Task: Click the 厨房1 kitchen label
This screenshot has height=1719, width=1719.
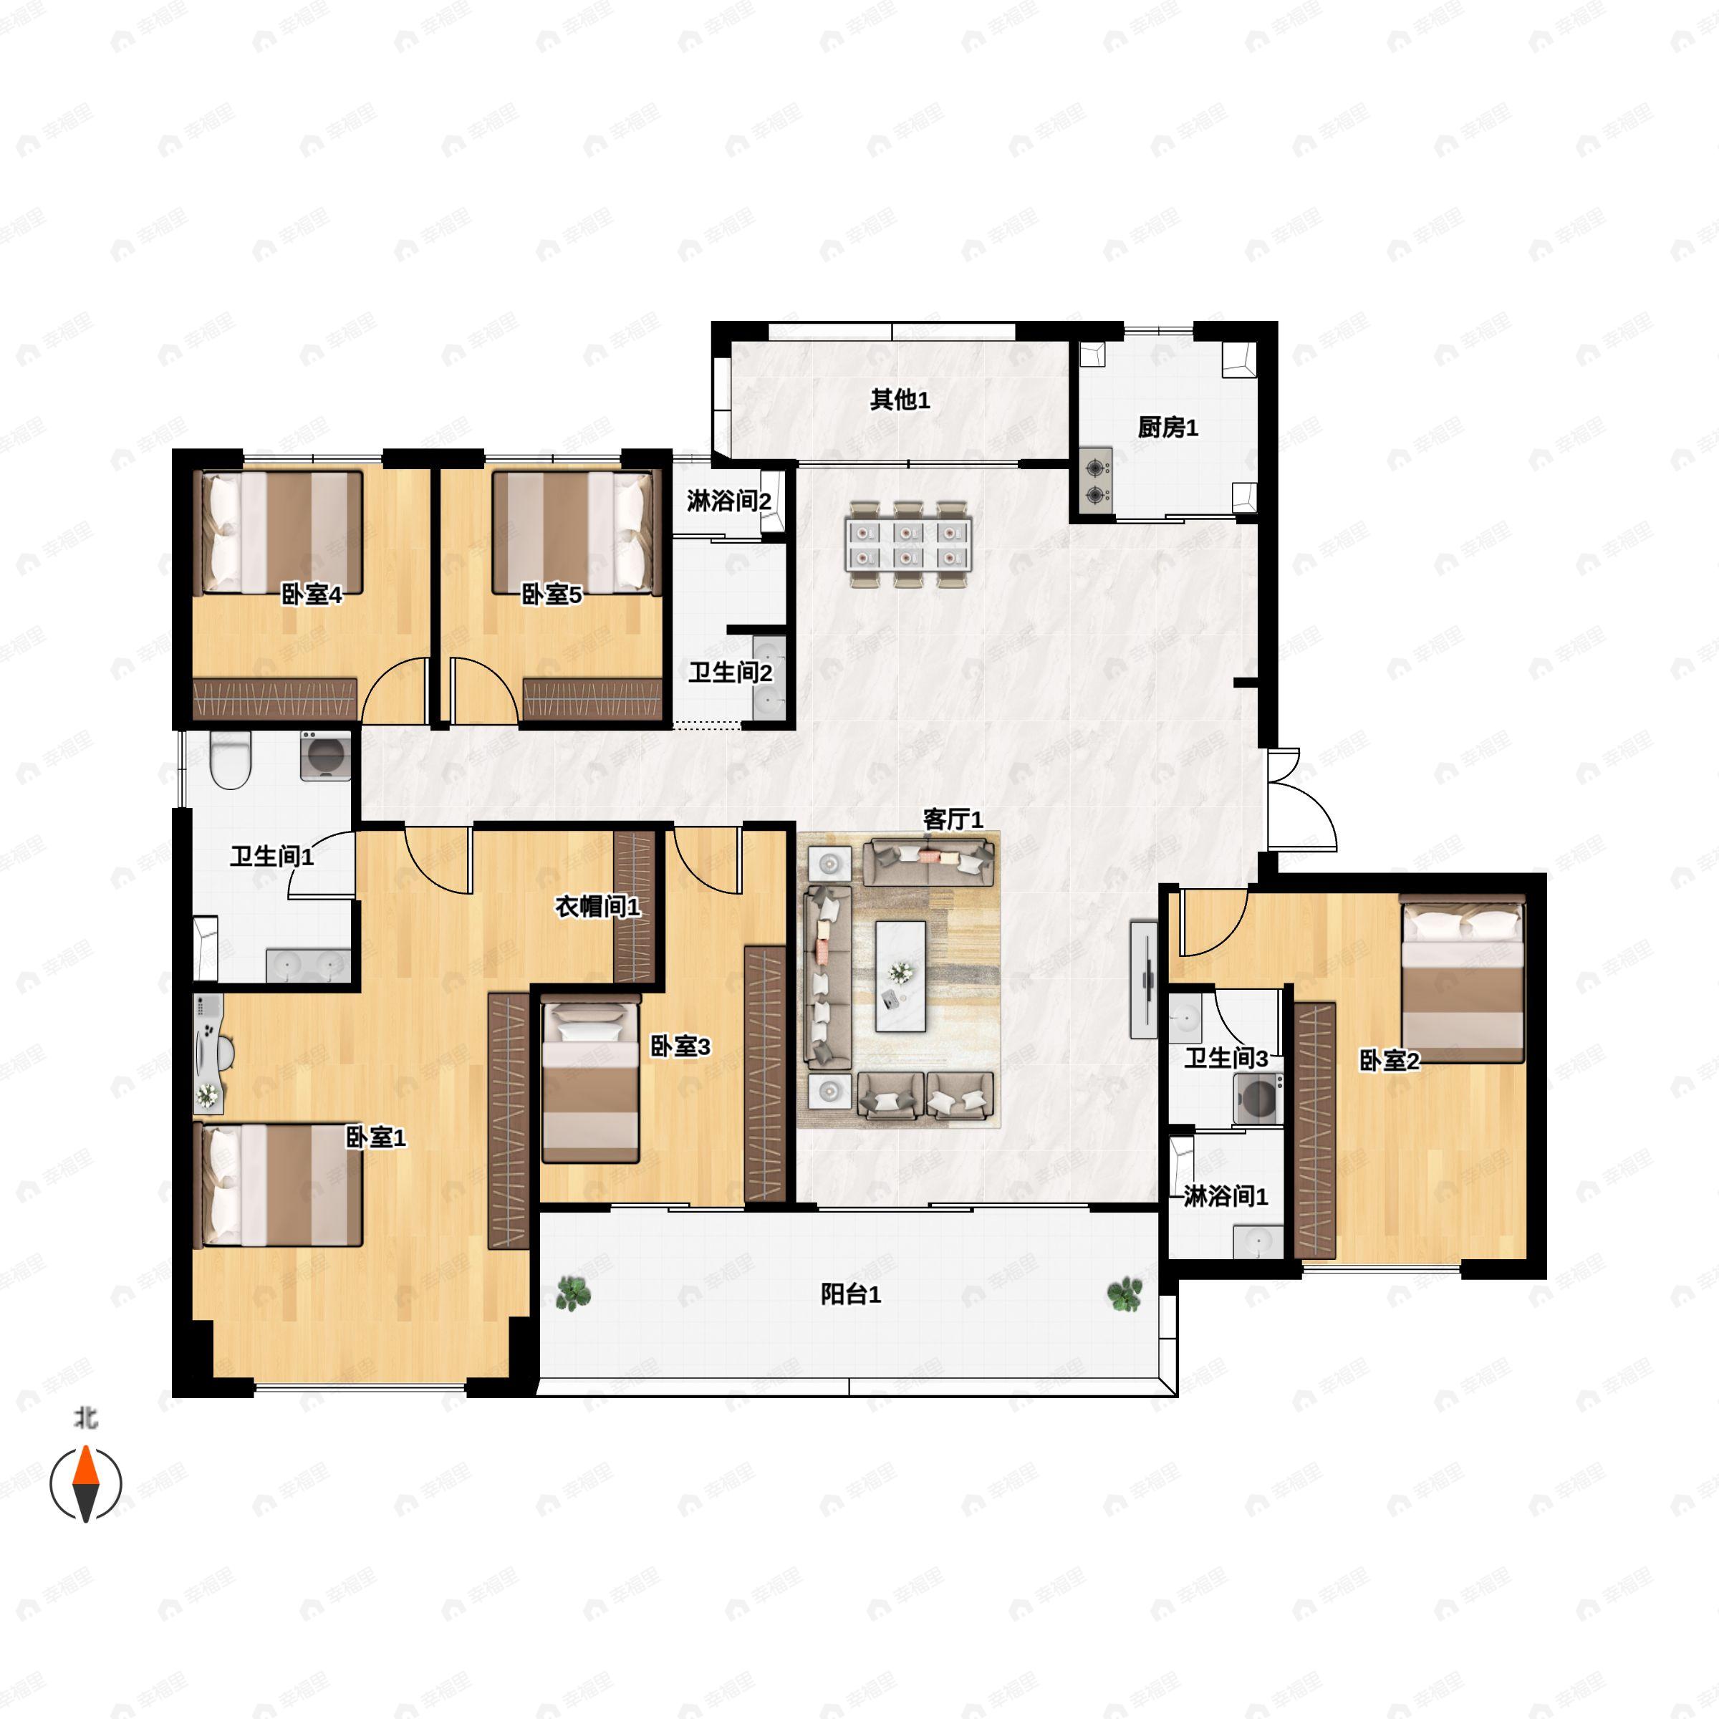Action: coord(1167,428)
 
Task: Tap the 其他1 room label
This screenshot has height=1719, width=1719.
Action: coord(900,400)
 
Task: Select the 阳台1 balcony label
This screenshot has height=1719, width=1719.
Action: coord(851,1294)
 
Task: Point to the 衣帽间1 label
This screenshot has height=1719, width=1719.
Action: coord(597,907)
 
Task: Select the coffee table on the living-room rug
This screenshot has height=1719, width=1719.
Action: coord(900,976)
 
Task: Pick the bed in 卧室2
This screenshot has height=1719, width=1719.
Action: coord(1462,978)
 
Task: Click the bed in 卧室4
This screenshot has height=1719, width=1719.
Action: coord(279,533)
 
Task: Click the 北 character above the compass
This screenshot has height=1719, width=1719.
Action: coord(85,1417)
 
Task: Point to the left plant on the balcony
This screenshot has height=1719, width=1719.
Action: coord(573,1294)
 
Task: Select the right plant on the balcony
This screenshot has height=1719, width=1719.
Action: coord(1125,1294)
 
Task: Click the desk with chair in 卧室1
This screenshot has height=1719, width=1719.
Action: coord(209,1054)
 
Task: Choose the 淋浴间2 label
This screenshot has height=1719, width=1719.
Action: coord(728,501)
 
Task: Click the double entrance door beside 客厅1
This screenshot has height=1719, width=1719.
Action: coord(1300,799)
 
